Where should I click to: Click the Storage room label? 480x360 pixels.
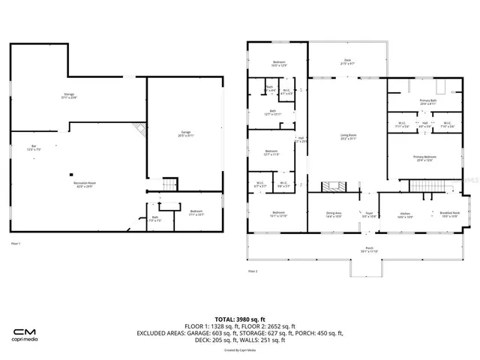click(x=70, y=96)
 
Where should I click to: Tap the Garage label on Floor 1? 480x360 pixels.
click(x=185, y=134)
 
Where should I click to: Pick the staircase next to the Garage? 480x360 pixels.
click(x=170, y=184)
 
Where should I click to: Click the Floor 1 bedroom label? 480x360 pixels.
click(x=196, y=214)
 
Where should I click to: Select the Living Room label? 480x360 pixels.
click(x=346, y=137)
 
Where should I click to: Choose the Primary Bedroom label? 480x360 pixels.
click(x=425, y=158)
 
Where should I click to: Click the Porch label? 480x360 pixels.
click(x=368, y=250)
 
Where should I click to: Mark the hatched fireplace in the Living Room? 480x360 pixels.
click(x=331, y=186)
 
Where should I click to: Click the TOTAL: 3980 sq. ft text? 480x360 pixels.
click(x=240, y=318)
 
